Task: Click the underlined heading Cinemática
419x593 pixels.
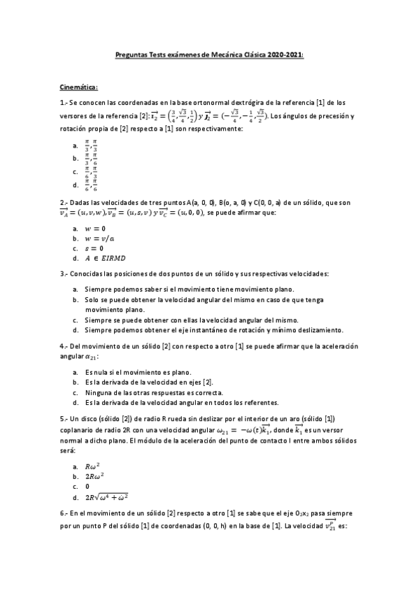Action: [78, 87]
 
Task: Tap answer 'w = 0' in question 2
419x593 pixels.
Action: [94, 228]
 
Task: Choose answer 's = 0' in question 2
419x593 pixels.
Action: [94, 248]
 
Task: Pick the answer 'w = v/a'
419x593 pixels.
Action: [99, 238]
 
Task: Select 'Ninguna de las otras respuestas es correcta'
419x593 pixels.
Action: [150, 393]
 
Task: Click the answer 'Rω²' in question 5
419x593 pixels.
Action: [93, 466]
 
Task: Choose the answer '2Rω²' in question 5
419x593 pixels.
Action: [94, 476]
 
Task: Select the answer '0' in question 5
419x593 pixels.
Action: [87, 485]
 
